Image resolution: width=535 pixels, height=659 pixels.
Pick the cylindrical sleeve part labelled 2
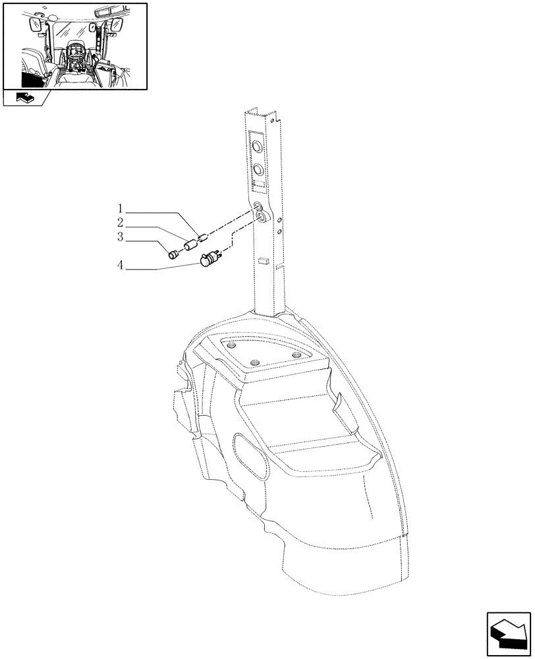click(x=190, y=246)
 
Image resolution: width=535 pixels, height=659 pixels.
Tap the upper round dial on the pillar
click(x=256, y=144)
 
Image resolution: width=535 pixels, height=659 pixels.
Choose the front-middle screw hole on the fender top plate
click(x=256, y=362)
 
